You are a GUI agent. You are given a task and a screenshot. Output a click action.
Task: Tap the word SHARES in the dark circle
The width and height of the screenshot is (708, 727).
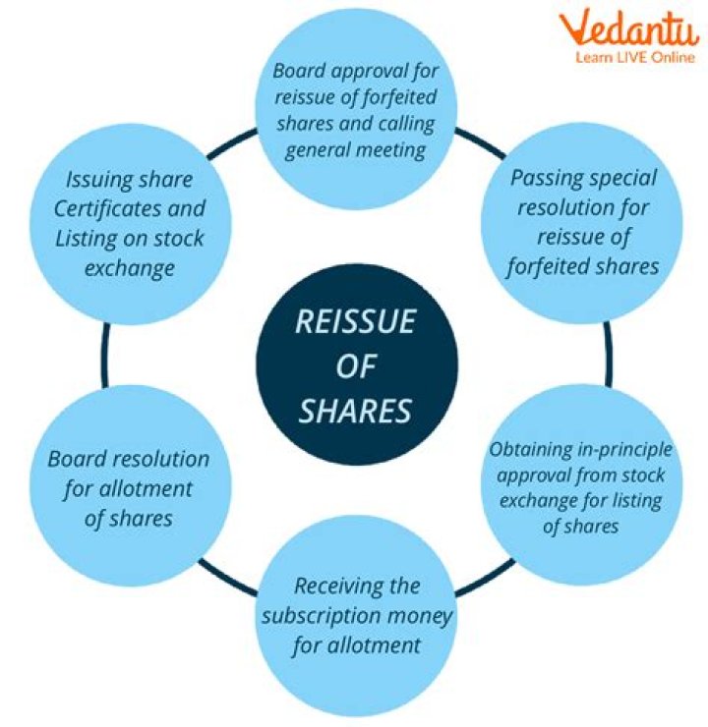tap(354, 410)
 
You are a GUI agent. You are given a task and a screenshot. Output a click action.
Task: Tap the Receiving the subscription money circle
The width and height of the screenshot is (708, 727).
tap(357, 615)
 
